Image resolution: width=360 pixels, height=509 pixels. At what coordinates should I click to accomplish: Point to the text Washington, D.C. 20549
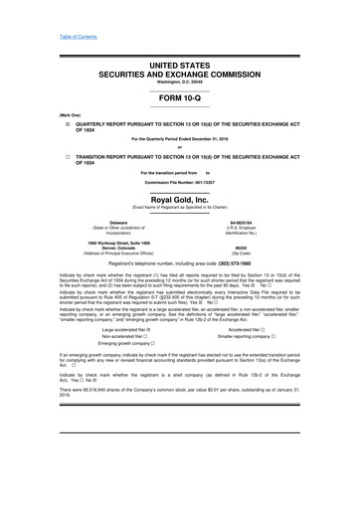180,75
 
